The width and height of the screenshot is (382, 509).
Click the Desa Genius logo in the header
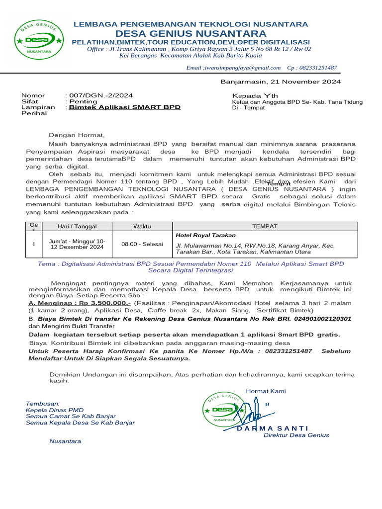point(38,39)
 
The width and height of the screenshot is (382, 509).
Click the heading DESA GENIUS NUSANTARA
point(191,33)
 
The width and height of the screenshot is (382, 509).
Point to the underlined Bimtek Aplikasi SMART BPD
point(124,107)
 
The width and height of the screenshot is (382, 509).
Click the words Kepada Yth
point(255,95)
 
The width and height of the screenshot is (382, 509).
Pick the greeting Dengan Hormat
point(77,135)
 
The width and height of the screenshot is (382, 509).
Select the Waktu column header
point(142,226)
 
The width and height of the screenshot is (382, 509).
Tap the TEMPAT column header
point(265,226)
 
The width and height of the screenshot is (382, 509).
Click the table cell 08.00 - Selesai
point(142,244)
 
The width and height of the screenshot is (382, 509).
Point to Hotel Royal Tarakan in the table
point(205,235)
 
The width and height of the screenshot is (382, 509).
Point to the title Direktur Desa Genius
point(296,435)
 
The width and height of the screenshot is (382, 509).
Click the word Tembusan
point(43,403)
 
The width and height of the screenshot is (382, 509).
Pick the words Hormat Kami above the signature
point(266,391)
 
